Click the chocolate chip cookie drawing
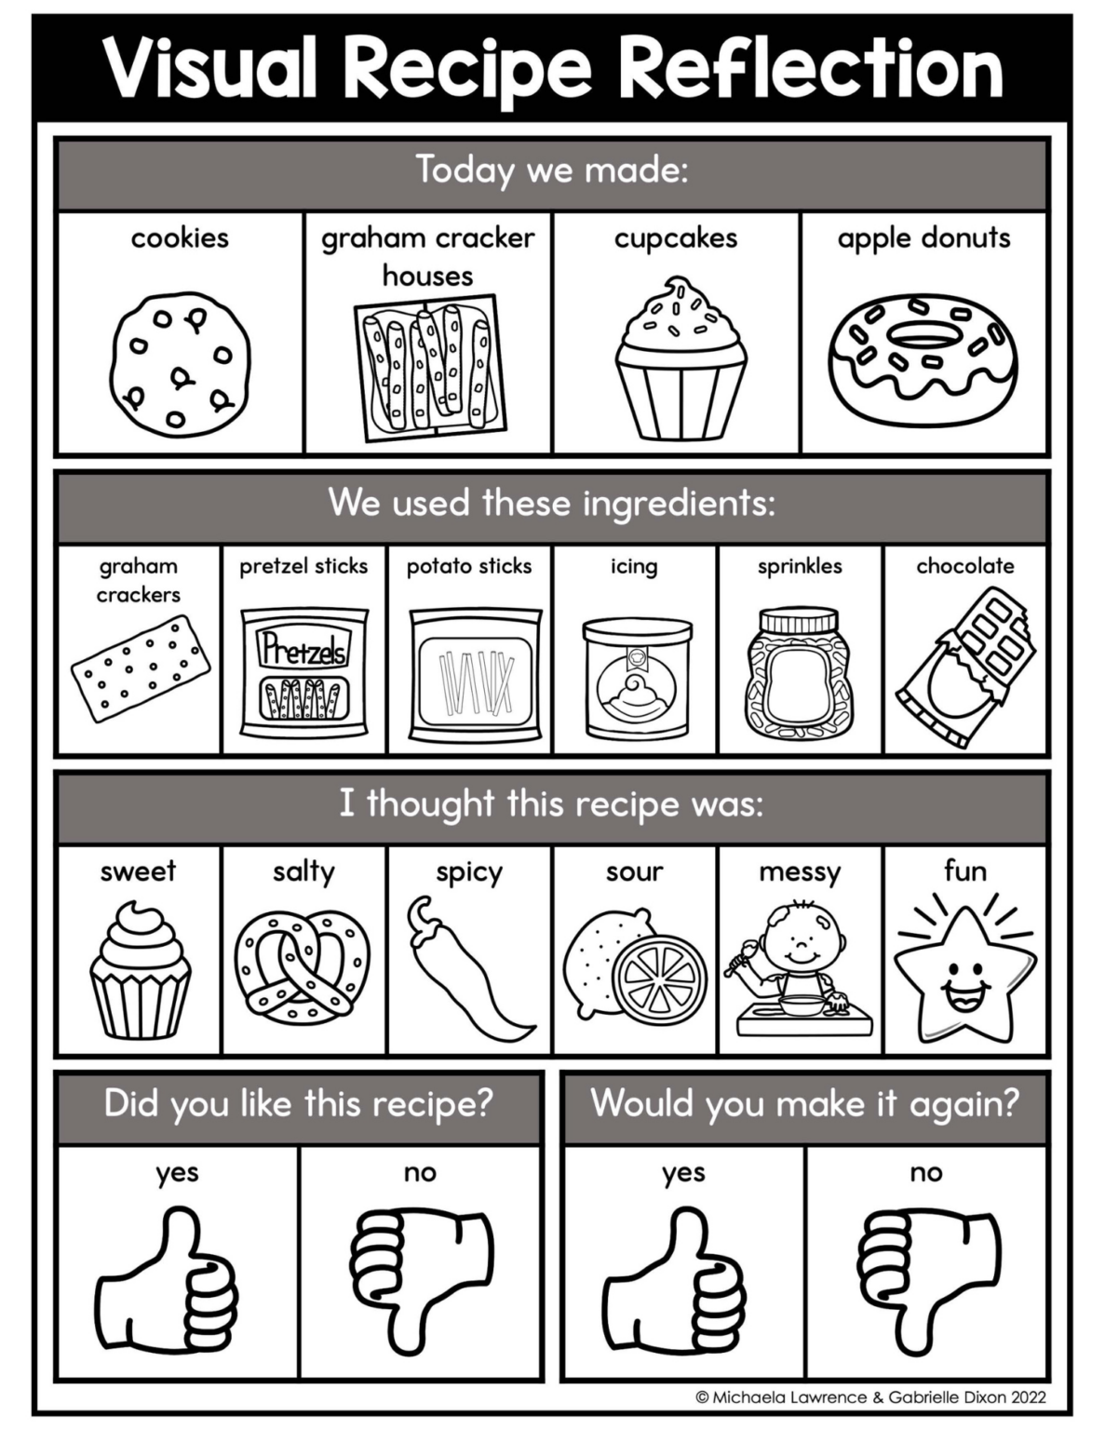180,364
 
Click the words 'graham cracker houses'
428,256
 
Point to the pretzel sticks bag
303,671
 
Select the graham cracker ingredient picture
140,668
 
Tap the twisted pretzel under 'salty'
303,965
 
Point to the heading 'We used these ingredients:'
551,504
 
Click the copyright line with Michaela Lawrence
870,1396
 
